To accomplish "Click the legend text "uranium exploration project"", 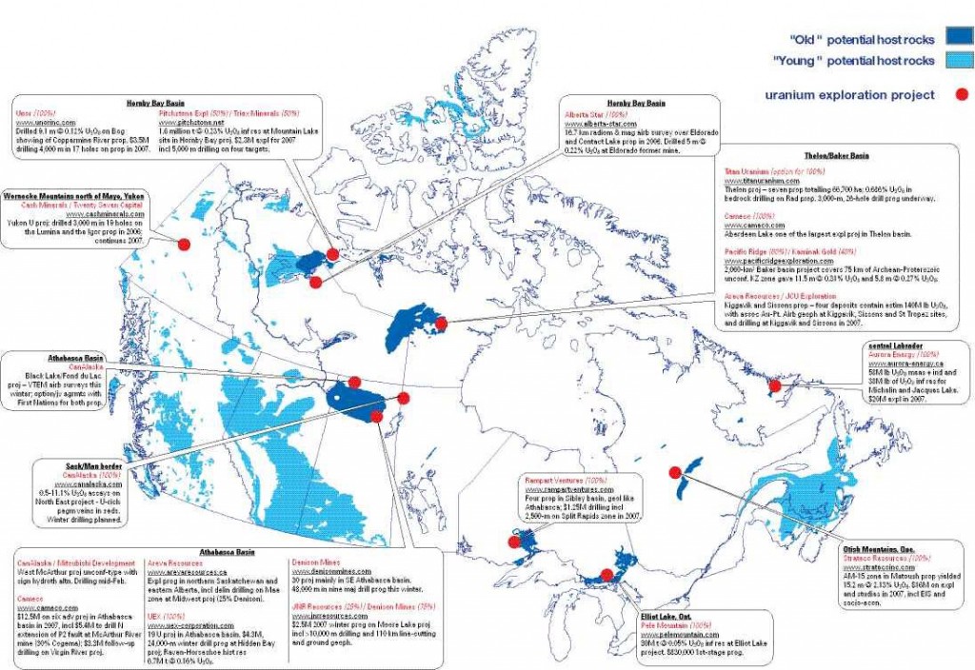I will pos(847,94).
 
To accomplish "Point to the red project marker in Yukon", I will pos(184,244).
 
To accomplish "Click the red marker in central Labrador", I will pos(775,386).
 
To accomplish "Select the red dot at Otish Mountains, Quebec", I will pos(675,472).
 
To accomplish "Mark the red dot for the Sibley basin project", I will pos(513,542).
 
